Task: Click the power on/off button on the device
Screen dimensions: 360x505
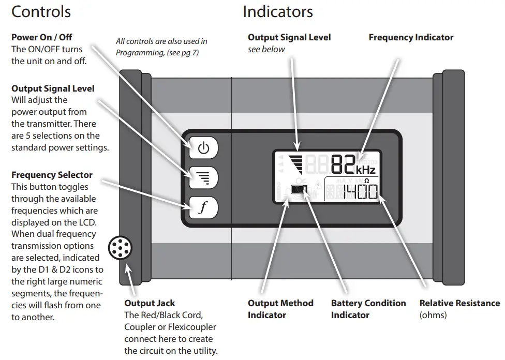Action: click(204, 148)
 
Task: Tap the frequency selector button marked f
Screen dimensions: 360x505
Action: click(204, 208)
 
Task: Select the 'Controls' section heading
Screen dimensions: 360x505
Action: click(41, 11)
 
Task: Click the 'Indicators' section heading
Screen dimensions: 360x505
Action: click(278, 11)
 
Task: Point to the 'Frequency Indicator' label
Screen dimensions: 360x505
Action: click(411, 37)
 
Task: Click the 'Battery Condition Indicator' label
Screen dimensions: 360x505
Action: click(368, 308)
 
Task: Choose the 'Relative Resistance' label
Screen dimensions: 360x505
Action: click(459, 303)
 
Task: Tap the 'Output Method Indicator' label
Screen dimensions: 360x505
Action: click(280, 308)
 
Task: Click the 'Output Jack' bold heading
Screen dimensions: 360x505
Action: click(150, 303)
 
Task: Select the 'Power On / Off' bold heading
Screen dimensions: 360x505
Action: click(41, 37)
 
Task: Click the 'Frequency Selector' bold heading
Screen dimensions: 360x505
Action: click(52, 175)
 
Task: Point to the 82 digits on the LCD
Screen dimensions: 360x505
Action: click(343, 164)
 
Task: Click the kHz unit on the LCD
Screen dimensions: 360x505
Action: click(365, 170)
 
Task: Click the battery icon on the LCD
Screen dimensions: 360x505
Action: click(298, 190)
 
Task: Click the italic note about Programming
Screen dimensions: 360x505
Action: click(161, 47)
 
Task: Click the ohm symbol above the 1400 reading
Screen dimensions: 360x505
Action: click(366, 181)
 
